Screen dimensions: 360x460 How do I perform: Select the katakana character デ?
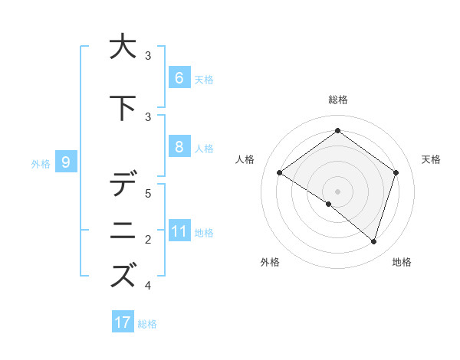click(123, 184)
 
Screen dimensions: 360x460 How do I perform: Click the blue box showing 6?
click(179, 77)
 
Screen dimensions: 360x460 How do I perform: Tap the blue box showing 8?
click(179, 147)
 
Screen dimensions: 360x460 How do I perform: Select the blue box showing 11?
click(179, 231)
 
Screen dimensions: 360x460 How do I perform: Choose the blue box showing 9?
click(66, 162)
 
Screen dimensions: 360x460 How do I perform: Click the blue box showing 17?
click(123, 322)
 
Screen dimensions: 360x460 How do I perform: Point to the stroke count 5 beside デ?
click(148, 193)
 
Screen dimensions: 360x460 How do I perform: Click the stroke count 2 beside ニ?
click(148, 240)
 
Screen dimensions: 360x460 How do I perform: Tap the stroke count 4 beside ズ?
click(148, 286)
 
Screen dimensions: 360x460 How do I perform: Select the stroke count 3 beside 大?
click(148, 55)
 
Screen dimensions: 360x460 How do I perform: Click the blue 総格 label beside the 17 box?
click(147, 323)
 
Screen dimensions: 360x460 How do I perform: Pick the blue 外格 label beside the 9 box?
click(41, 163)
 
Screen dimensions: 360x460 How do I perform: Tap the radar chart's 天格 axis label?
click(431, 159)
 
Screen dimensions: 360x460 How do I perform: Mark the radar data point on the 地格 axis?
click(373, 241)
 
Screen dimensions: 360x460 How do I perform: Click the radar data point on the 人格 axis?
click(279, 173)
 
